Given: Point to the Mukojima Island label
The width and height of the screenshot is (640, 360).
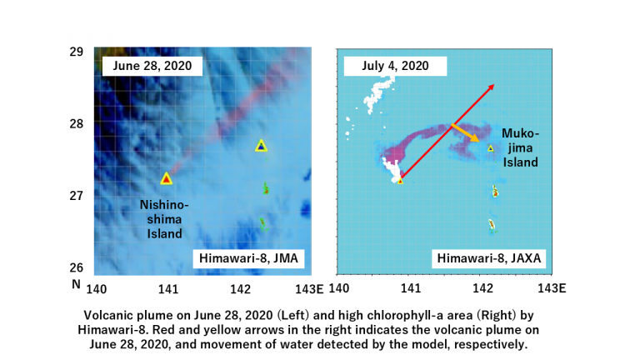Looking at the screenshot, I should tap(521, 147).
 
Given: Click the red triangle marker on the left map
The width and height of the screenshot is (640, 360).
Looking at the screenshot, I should tap(166, 178).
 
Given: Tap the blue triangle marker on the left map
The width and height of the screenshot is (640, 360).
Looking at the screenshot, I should tap(261, 146).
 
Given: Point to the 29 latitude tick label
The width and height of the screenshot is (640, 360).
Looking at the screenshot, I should tap(76, 52).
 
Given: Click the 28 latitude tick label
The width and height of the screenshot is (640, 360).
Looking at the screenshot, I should tap(76, 123).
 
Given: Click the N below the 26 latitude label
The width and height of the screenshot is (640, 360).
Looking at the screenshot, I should tap(76, 284).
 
